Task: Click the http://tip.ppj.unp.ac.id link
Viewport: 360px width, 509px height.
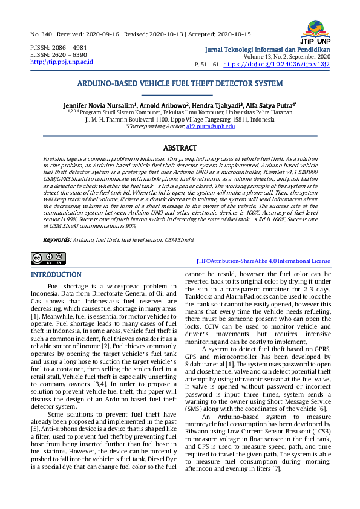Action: pos(61,62)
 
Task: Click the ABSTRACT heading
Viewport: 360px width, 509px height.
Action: pos(180,148)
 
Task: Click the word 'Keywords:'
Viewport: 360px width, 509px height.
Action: pos(57,239)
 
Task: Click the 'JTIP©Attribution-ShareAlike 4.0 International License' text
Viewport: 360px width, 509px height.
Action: pos(263,261)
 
